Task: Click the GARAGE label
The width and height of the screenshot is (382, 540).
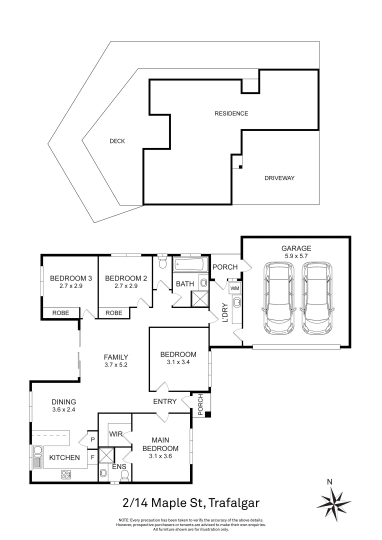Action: (x=296, y=248)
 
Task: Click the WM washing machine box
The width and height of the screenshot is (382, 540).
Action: (x=234, y=289)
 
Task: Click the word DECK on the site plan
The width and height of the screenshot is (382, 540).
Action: (x=117, y=141)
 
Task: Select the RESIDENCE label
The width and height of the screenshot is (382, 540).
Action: (x=231, y=113)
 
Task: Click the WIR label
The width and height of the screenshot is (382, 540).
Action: (x=116, y=434)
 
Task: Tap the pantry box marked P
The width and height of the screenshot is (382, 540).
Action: (x=92, y=439)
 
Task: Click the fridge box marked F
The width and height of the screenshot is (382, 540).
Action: (x=92, y=456)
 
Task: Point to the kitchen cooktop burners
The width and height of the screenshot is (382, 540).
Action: (x=66, y=474)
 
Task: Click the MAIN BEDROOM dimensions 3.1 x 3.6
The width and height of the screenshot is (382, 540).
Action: (x=160, y=456)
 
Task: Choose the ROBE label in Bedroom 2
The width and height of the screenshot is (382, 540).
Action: (x=113, y=313)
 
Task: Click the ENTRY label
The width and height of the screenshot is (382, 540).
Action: (x=164, y=401)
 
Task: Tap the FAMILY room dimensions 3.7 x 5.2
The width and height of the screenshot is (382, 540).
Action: (x=115, y=365)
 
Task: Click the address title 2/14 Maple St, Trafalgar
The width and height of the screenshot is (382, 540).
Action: (x=191, y=501)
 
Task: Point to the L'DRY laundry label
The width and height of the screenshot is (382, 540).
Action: (x=224, y=312)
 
